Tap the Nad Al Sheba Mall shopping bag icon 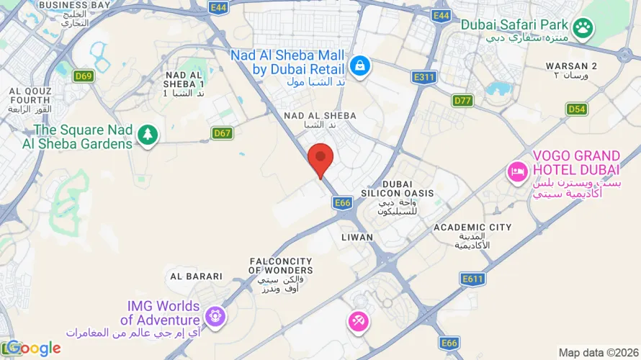[358, 66]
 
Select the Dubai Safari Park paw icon [584, 28]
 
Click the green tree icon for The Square [148, 134]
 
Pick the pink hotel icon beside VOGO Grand [516, 171]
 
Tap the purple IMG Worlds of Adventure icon [214, 315]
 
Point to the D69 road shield [84, 76]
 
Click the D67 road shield [223, 132]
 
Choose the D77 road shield [462, 100]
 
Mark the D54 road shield [577, 109]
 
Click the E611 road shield [473, 279]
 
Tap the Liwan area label [357, 237]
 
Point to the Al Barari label [196, 276]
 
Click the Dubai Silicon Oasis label [398, 189]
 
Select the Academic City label [472, 228]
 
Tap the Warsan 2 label [572, 66]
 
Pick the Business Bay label [74, 5]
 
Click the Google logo [34, 348]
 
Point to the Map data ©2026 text [597, 353]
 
